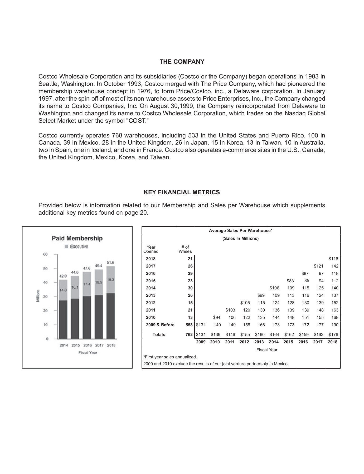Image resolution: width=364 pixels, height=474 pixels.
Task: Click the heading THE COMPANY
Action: point(182,62)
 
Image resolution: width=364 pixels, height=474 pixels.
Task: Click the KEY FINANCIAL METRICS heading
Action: point(182,192)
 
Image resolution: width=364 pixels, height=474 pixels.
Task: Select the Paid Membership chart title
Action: point(77,238)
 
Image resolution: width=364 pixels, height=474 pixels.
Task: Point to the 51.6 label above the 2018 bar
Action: point(110,263)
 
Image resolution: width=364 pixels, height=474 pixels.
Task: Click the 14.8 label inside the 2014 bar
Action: point(63,290)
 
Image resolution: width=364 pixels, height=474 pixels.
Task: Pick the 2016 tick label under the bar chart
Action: point(88,345)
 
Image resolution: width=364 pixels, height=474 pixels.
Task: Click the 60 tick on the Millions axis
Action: point(45,254)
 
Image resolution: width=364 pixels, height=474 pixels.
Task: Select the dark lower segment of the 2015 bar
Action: point(75,319)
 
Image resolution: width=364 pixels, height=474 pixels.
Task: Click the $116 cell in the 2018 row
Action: point(333,259)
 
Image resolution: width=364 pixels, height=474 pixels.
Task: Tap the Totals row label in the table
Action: point(159,335)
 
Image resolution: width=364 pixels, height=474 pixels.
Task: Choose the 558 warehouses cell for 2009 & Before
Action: point(189,325)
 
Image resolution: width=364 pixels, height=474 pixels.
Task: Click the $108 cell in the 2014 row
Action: point(274,288)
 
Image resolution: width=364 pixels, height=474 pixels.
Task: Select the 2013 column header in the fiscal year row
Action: point(259,342)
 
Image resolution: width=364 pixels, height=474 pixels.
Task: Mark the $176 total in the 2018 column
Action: point(333,335)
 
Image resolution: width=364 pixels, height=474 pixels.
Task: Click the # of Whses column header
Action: point(185,249)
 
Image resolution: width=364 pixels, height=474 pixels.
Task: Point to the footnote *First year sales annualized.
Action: point(170,357)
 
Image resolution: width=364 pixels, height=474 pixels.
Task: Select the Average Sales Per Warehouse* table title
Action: point(240,231)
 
